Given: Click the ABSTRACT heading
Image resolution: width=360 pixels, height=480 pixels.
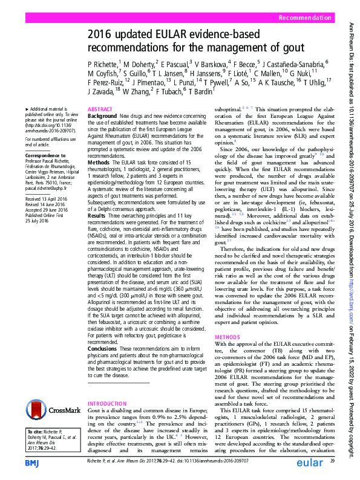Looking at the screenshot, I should pos(100,109).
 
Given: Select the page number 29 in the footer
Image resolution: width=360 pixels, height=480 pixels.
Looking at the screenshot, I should pos(332,462).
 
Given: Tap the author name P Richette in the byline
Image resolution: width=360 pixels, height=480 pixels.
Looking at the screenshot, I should pos(105,63).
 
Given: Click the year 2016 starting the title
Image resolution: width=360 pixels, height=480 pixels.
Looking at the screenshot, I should pos(101,34).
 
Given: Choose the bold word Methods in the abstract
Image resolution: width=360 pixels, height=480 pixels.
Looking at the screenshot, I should pos(98,163).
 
